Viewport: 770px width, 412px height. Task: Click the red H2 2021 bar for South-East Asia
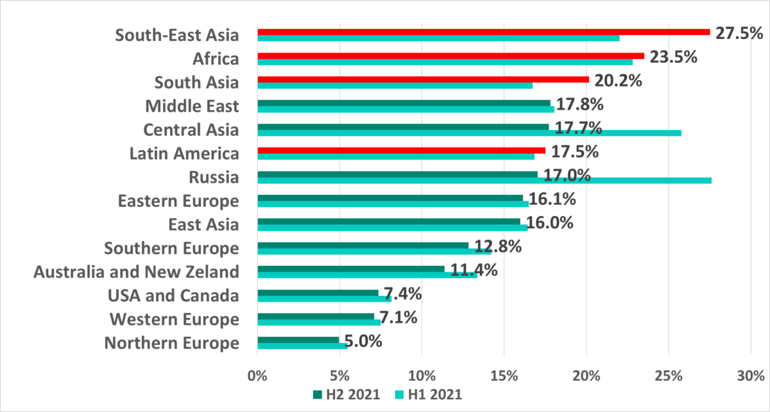coord(483,31)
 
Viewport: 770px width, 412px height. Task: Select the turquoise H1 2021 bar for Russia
coord(484,180)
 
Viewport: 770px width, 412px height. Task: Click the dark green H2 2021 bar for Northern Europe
coord(298,340)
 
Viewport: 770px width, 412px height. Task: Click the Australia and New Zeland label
coord(136,272)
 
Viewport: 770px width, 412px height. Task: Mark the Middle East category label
coord(192,106)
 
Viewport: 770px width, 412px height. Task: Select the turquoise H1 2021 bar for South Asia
coord(395,85)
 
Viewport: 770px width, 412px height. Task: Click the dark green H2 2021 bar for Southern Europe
coord(363,245)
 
